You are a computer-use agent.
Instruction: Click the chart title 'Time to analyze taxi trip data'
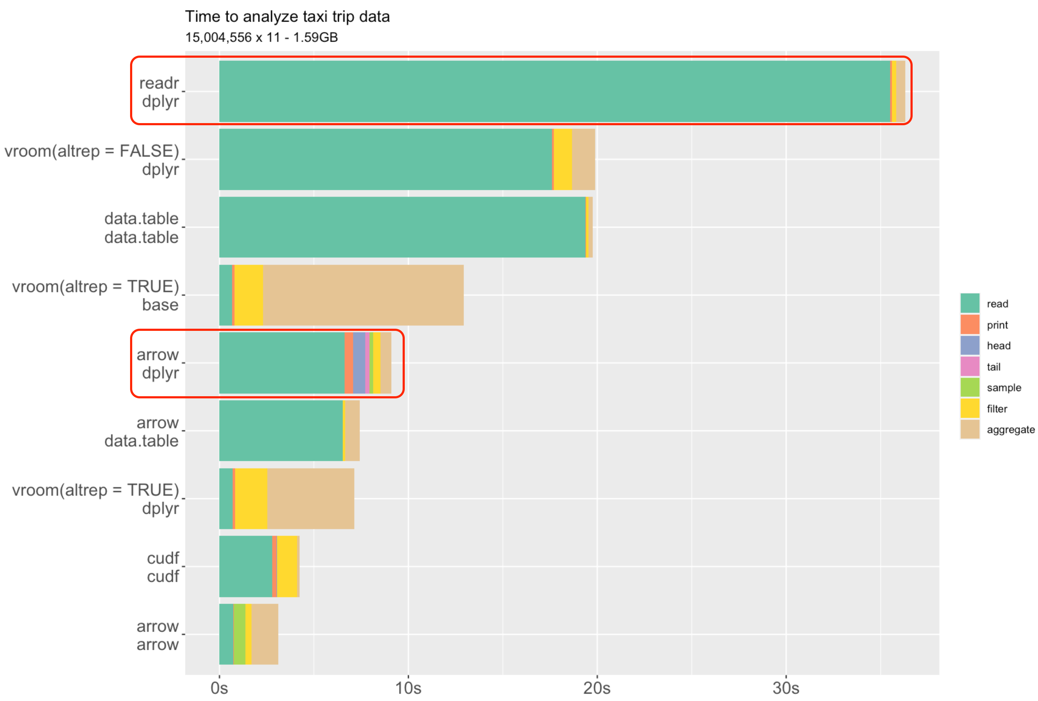point(287,17)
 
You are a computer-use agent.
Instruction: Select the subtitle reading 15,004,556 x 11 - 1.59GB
point(261,38)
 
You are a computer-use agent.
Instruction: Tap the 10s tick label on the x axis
point(408,688)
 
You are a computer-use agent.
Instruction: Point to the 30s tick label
point(786,688)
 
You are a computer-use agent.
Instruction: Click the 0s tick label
point(219,688)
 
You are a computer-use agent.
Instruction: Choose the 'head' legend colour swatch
point(970,345)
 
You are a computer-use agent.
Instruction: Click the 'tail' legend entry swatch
point(970,366)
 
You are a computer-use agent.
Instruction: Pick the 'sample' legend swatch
point(970,387)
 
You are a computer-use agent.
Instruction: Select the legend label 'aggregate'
point(1010,429)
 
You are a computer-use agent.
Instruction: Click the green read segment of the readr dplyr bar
point(554,91)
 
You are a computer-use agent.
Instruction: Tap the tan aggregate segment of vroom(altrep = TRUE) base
point(363,295)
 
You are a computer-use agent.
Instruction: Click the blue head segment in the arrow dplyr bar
point(359,363)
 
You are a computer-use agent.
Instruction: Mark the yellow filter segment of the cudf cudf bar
point(287,566)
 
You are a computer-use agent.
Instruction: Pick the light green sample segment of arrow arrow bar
point(240,634)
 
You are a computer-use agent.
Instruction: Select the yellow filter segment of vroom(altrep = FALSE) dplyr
point(563,159)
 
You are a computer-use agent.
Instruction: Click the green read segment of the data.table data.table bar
point(402,227)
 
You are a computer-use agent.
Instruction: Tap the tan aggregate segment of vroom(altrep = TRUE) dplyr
point(311,498)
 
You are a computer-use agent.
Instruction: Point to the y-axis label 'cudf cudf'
point(163,567)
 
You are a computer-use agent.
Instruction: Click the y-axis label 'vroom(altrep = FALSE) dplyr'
point(92,160)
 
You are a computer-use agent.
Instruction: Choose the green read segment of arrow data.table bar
point(281,430)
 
